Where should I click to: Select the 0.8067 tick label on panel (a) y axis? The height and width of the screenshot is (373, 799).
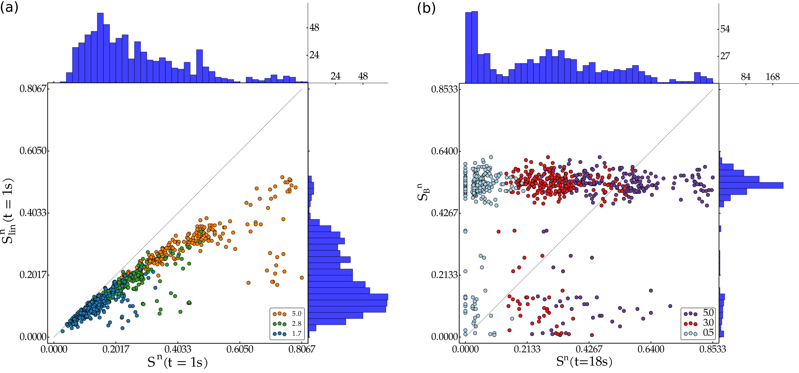point(33,89)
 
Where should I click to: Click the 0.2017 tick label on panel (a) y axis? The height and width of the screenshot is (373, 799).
point(33,275)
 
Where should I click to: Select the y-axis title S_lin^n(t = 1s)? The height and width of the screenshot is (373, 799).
point(8,211)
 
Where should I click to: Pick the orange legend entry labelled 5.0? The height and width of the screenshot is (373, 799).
point(287,314)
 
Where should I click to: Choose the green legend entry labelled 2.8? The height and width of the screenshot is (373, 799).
point(287,324)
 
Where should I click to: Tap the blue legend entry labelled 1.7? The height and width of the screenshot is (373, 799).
point(287,334)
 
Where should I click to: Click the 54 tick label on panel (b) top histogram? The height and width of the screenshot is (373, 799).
point(725,29)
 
